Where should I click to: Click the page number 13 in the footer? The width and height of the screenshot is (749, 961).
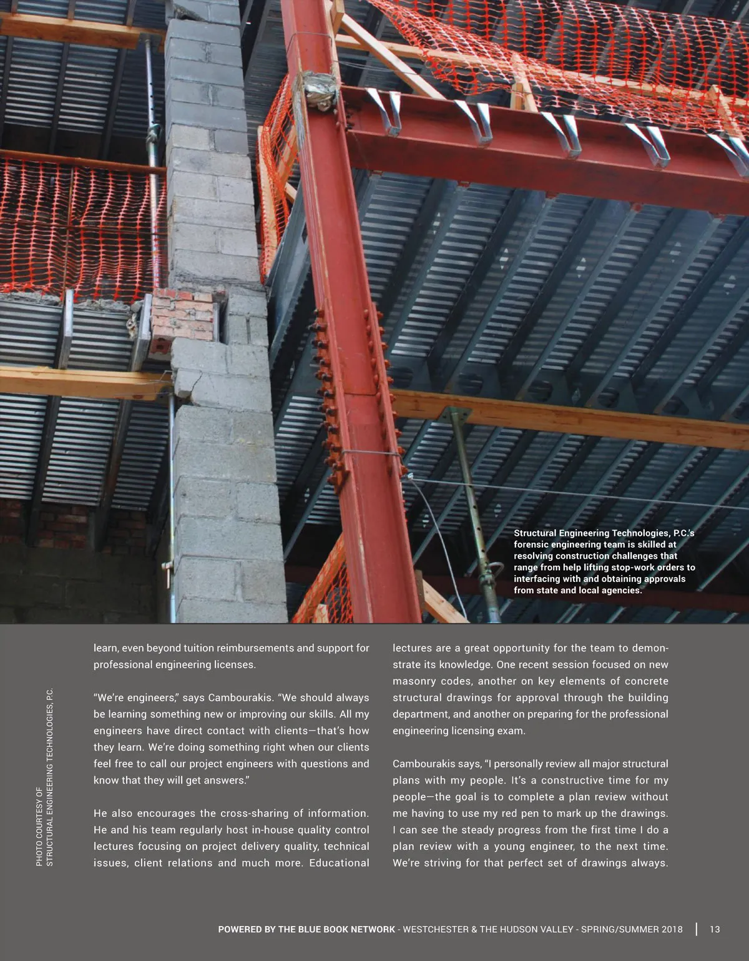pos(715,929)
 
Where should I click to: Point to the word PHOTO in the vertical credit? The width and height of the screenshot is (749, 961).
pos(39,852)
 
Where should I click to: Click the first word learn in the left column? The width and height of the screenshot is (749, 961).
pos(105,648)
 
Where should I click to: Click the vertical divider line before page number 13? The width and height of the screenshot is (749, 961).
pos(696,929)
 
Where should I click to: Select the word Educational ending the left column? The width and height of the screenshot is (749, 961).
pos(339,863)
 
